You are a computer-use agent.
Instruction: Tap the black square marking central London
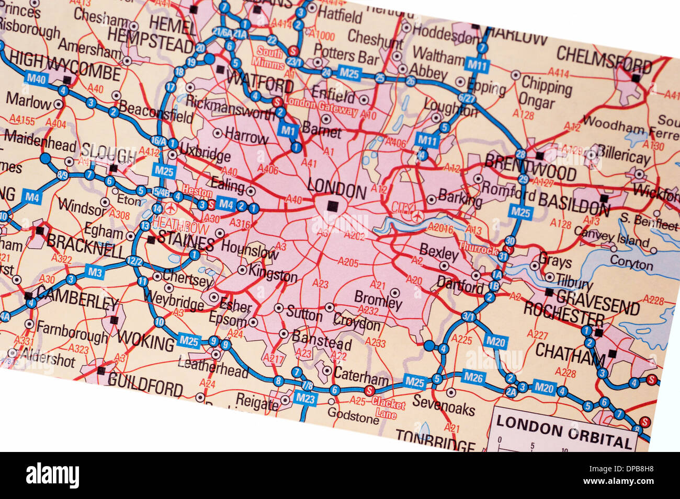[x=332, y=206]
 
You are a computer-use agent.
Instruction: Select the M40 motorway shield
[x=36, y=78]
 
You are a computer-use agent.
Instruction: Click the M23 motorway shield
[x=307, y=398]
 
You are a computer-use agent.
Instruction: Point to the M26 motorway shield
[x=474, y=377]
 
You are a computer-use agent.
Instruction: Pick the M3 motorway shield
[x=95, y=272]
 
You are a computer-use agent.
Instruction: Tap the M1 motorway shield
[x=287, y=130]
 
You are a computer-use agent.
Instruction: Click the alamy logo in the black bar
[x=52, y=476]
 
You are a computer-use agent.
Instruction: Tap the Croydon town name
[x=357, y=322]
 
